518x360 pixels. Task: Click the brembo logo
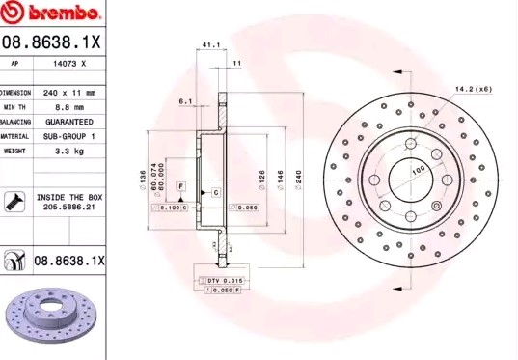coord(53,14)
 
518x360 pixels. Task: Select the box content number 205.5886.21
coord(70,207)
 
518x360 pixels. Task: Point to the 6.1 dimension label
coord(186,100)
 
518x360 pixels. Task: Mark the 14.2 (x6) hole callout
coord(473,89)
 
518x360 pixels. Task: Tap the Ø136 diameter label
coord(142,178)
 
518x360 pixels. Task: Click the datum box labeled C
coord(215,193)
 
